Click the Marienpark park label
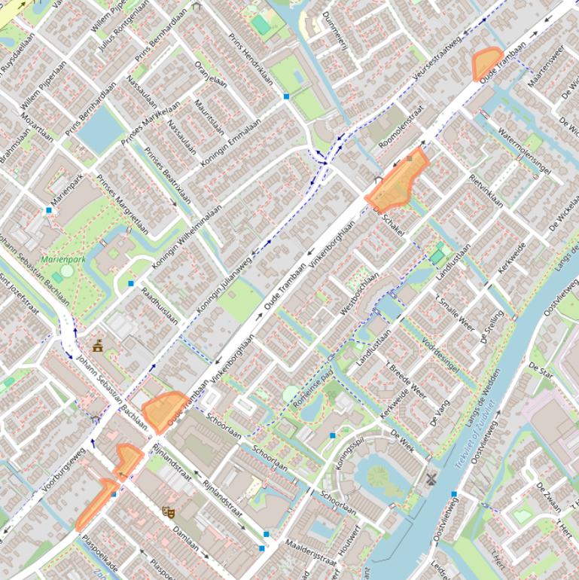(63, 259)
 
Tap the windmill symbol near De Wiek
(431, 478)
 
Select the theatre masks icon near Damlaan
(169, 512)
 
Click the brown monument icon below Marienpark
(98, 346)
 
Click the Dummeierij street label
(335, 30)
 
